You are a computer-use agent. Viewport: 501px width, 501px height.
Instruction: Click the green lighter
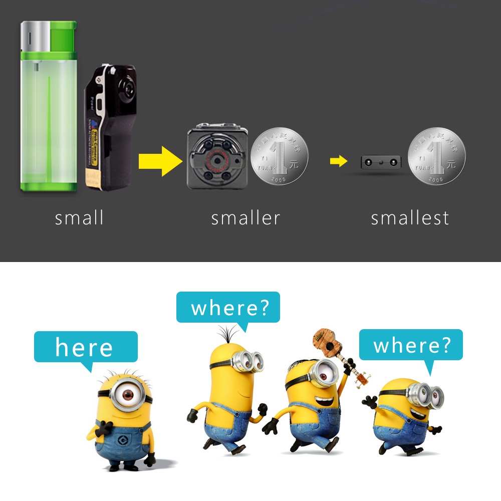[49, 115]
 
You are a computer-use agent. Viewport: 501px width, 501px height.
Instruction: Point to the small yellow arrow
[338, 161]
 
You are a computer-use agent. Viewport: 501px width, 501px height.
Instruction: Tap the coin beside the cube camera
[279, 156]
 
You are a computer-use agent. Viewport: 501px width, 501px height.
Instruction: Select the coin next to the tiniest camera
[436, 156]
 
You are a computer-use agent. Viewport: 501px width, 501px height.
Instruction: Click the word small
[79, 218]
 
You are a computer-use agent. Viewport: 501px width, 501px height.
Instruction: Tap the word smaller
[245, 218]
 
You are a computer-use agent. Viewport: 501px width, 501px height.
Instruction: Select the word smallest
[410, 218]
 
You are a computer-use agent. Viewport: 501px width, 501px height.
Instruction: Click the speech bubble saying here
[85, 347]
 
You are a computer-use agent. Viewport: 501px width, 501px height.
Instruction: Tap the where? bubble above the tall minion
[228, 308]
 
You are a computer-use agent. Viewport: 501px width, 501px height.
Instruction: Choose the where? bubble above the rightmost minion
[411, 345]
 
